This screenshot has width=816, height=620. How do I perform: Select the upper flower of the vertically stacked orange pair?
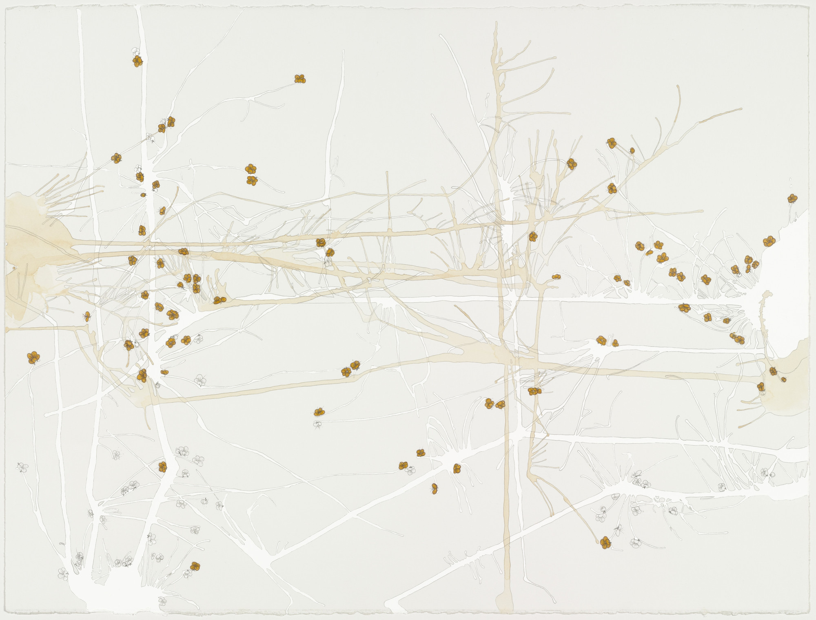(x=250, y=169)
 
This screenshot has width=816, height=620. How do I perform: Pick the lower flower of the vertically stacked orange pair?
(x=251, y=180)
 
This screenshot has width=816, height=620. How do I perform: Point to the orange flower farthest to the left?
(x=32, y=358)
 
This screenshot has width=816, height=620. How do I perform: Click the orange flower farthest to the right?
(x=792, y=199)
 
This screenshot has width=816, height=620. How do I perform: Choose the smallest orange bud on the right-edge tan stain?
(x=783, y=380)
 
